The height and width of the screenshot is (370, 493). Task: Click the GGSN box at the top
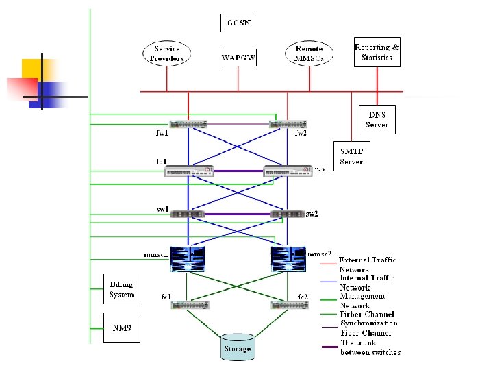(x=238, y=23)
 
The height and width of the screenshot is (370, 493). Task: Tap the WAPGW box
(x=238, y=58)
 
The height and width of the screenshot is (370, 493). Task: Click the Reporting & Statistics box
(x=377, y=52)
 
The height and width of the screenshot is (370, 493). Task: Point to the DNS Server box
(x=377, y=119)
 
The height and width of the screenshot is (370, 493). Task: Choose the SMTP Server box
(x=352, y=156)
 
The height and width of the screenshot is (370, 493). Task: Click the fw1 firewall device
(x=188, y=125)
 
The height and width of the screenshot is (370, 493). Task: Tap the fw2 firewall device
(x=288, y=125)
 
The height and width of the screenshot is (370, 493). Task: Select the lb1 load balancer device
(x=189, y=171)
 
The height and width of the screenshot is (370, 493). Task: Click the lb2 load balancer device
(x=288, y=171)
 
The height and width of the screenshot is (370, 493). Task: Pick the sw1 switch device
(x=188, y=214)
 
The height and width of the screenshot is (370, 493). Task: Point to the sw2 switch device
(x=287, y=214)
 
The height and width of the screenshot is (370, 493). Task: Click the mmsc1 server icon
(x=189, y=259)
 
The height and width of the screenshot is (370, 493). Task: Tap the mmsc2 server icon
(x=288, y=259)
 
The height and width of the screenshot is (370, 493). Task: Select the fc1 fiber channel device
(x=190, y=305)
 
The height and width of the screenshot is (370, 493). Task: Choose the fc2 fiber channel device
(x=288, y=305)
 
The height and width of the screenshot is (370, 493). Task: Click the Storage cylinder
(x=238, y=347)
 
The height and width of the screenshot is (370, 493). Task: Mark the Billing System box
(x=121, y=289)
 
